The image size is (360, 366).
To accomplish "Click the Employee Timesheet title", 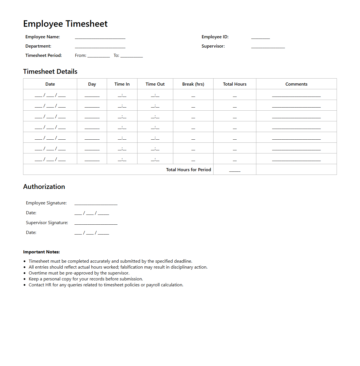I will click(x=65, y=24).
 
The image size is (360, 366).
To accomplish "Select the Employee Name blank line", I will click(x=100, y=38).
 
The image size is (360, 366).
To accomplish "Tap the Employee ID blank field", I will click(x=260, y=38).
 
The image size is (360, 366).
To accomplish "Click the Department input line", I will click(x=100, y=47).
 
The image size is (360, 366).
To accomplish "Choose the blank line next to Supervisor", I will click(x=268, y=47).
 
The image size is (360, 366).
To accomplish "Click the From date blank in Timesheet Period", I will click(x=99, y=56).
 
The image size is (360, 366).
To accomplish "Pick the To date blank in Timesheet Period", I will click(x=132, y=56).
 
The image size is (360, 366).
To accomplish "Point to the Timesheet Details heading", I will click(x=50, y=72).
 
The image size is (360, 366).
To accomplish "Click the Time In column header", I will click(x=122, y=84).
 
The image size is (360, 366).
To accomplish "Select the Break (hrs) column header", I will click(x=193, y=84).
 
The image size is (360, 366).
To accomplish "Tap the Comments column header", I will click(x=296, y=84).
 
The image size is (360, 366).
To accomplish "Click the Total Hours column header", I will click(x=235, y=84).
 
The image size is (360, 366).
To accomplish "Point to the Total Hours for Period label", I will click(x=188, y=170).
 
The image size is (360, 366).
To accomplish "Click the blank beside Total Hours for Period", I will click(x=235, y=171).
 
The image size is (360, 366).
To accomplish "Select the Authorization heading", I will click(x=44, y=187).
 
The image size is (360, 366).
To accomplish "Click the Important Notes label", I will click(x=41, y=252).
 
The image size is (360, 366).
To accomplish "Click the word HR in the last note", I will click(x=48, y=285).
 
